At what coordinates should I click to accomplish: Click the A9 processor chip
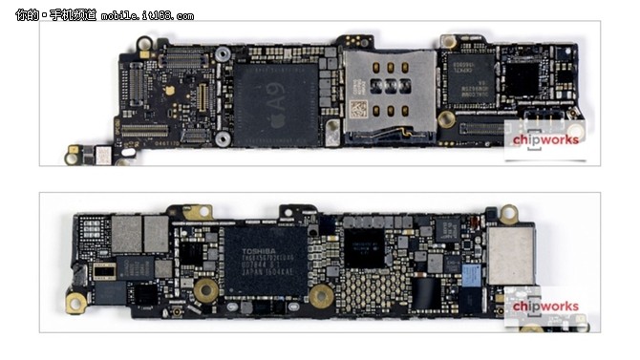(x=277, y=105)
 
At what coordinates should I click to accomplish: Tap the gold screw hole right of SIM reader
(x=446, y=119)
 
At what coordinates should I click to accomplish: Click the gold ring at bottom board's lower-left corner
(x=75, y=304)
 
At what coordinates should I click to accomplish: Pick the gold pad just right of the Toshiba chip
(x=321, y=295)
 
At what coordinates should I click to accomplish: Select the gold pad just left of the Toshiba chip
(x=204, y=289)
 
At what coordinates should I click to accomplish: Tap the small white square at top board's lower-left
(x=100, y=153)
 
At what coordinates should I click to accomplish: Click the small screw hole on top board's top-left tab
(x=144, y=44)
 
